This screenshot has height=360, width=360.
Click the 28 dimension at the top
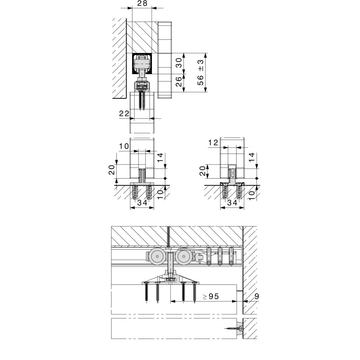click(142, 4)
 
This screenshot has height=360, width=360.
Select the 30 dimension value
click(179, 63)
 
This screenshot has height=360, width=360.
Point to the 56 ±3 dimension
click(200, 72)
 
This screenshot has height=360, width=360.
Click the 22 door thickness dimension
click(124, 113)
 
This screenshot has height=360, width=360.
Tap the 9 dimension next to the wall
click(256, 296)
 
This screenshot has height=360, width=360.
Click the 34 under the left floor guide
click(142, 202)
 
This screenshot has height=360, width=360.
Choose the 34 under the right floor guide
click(232, 202)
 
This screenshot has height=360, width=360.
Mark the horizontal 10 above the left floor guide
click(124, 146)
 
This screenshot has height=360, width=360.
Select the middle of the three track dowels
click(220, 256)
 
